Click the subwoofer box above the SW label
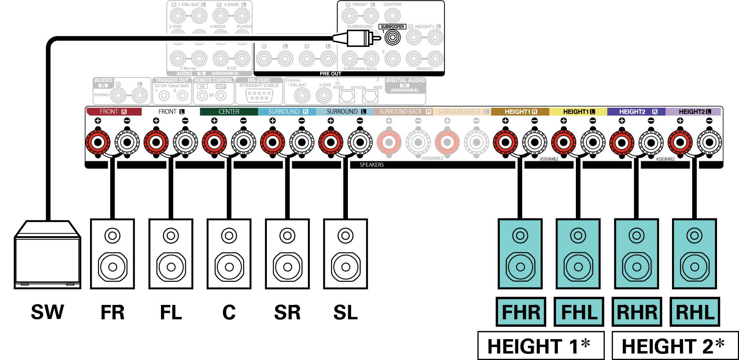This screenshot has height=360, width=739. click(x=47, y=256)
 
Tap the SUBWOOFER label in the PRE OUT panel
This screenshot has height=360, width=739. click(x=392, y=27)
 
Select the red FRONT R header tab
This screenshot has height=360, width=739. click(x=114, y=112)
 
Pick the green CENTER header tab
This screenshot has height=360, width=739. click(x=229, y=112)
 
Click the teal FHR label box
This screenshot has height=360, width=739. click(x=521, y=312)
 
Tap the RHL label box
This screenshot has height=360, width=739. click(x=695, y=312)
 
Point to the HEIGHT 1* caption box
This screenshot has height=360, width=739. click(x=541, y=346)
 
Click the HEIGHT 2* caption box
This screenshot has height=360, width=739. click(x=675, y=346)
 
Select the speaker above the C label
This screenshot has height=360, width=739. click(x=229, y=254)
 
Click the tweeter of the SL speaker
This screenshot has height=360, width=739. click(x=345, y=236)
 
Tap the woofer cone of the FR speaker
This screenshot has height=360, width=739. click(x=112, y=267)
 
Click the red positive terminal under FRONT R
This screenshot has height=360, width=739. click(x=98, y=142)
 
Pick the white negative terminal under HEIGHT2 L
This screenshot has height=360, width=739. click(x=709, y=142)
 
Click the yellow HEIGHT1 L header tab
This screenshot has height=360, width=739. click(x=578, y=112)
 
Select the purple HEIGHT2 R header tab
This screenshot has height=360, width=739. click(x=636, y=112)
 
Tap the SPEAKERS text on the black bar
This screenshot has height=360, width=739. click(x=372, y=165)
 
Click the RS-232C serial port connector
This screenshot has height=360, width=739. click(x=259, y=95)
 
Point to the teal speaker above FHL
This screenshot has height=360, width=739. click(x=578, y=254)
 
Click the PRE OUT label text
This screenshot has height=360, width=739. click(x=330, y=73)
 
